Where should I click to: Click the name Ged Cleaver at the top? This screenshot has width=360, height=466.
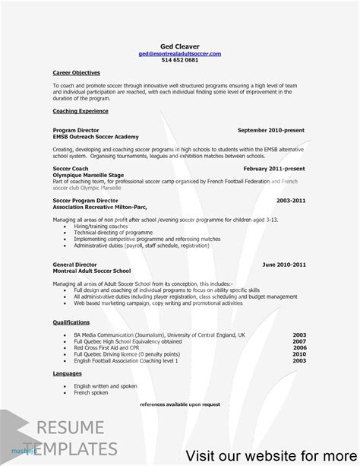179,46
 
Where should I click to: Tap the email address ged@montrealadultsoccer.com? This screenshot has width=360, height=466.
179,55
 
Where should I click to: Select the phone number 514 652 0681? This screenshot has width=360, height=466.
179,62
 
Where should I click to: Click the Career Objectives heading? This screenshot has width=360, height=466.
77,72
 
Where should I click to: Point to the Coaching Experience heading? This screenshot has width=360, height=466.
80,110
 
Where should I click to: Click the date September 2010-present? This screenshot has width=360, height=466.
272,130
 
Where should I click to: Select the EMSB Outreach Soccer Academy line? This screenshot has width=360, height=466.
96,136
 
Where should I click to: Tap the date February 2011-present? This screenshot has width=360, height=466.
274,167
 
